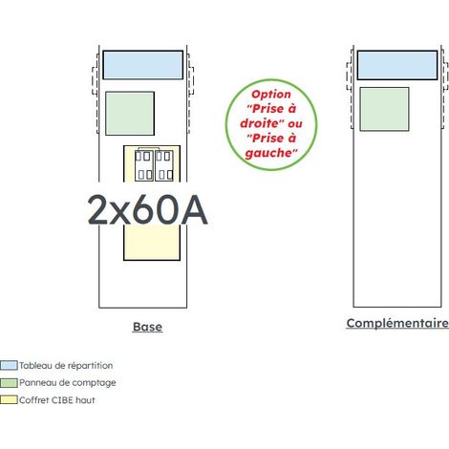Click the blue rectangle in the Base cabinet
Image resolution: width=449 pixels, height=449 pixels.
pos(143,65)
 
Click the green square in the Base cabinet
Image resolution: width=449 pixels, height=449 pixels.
pos(130,114)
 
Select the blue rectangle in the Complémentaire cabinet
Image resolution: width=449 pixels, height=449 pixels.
pos(397,65)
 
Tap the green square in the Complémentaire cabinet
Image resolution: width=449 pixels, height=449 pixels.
pos(384,109)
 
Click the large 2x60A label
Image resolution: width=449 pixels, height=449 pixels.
pos(147,210)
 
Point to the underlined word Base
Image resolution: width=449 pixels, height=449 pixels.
pos(147,327)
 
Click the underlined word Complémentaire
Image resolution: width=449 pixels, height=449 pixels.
pos(397,323)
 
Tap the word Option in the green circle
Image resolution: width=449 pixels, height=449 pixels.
pos(271,95)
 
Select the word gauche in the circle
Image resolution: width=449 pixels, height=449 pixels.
pos(269,153)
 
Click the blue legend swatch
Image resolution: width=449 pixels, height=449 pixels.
pos(9,365)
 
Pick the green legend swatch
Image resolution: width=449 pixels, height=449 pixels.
pos(9,383)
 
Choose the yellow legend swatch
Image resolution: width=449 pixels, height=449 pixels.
pos(9,400)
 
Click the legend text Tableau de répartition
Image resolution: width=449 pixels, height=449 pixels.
pos(66,366)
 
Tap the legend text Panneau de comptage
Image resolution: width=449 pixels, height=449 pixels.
pos(68,383)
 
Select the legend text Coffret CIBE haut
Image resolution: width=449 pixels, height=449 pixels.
pos(57,400)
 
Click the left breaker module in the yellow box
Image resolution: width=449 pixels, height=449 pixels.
pos(144,165)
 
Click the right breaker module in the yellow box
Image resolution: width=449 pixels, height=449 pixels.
pos(164,165)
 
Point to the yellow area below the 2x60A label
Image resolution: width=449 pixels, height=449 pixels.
pos(152,243)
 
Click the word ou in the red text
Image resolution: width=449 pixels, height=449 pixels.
pos(295,124)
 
